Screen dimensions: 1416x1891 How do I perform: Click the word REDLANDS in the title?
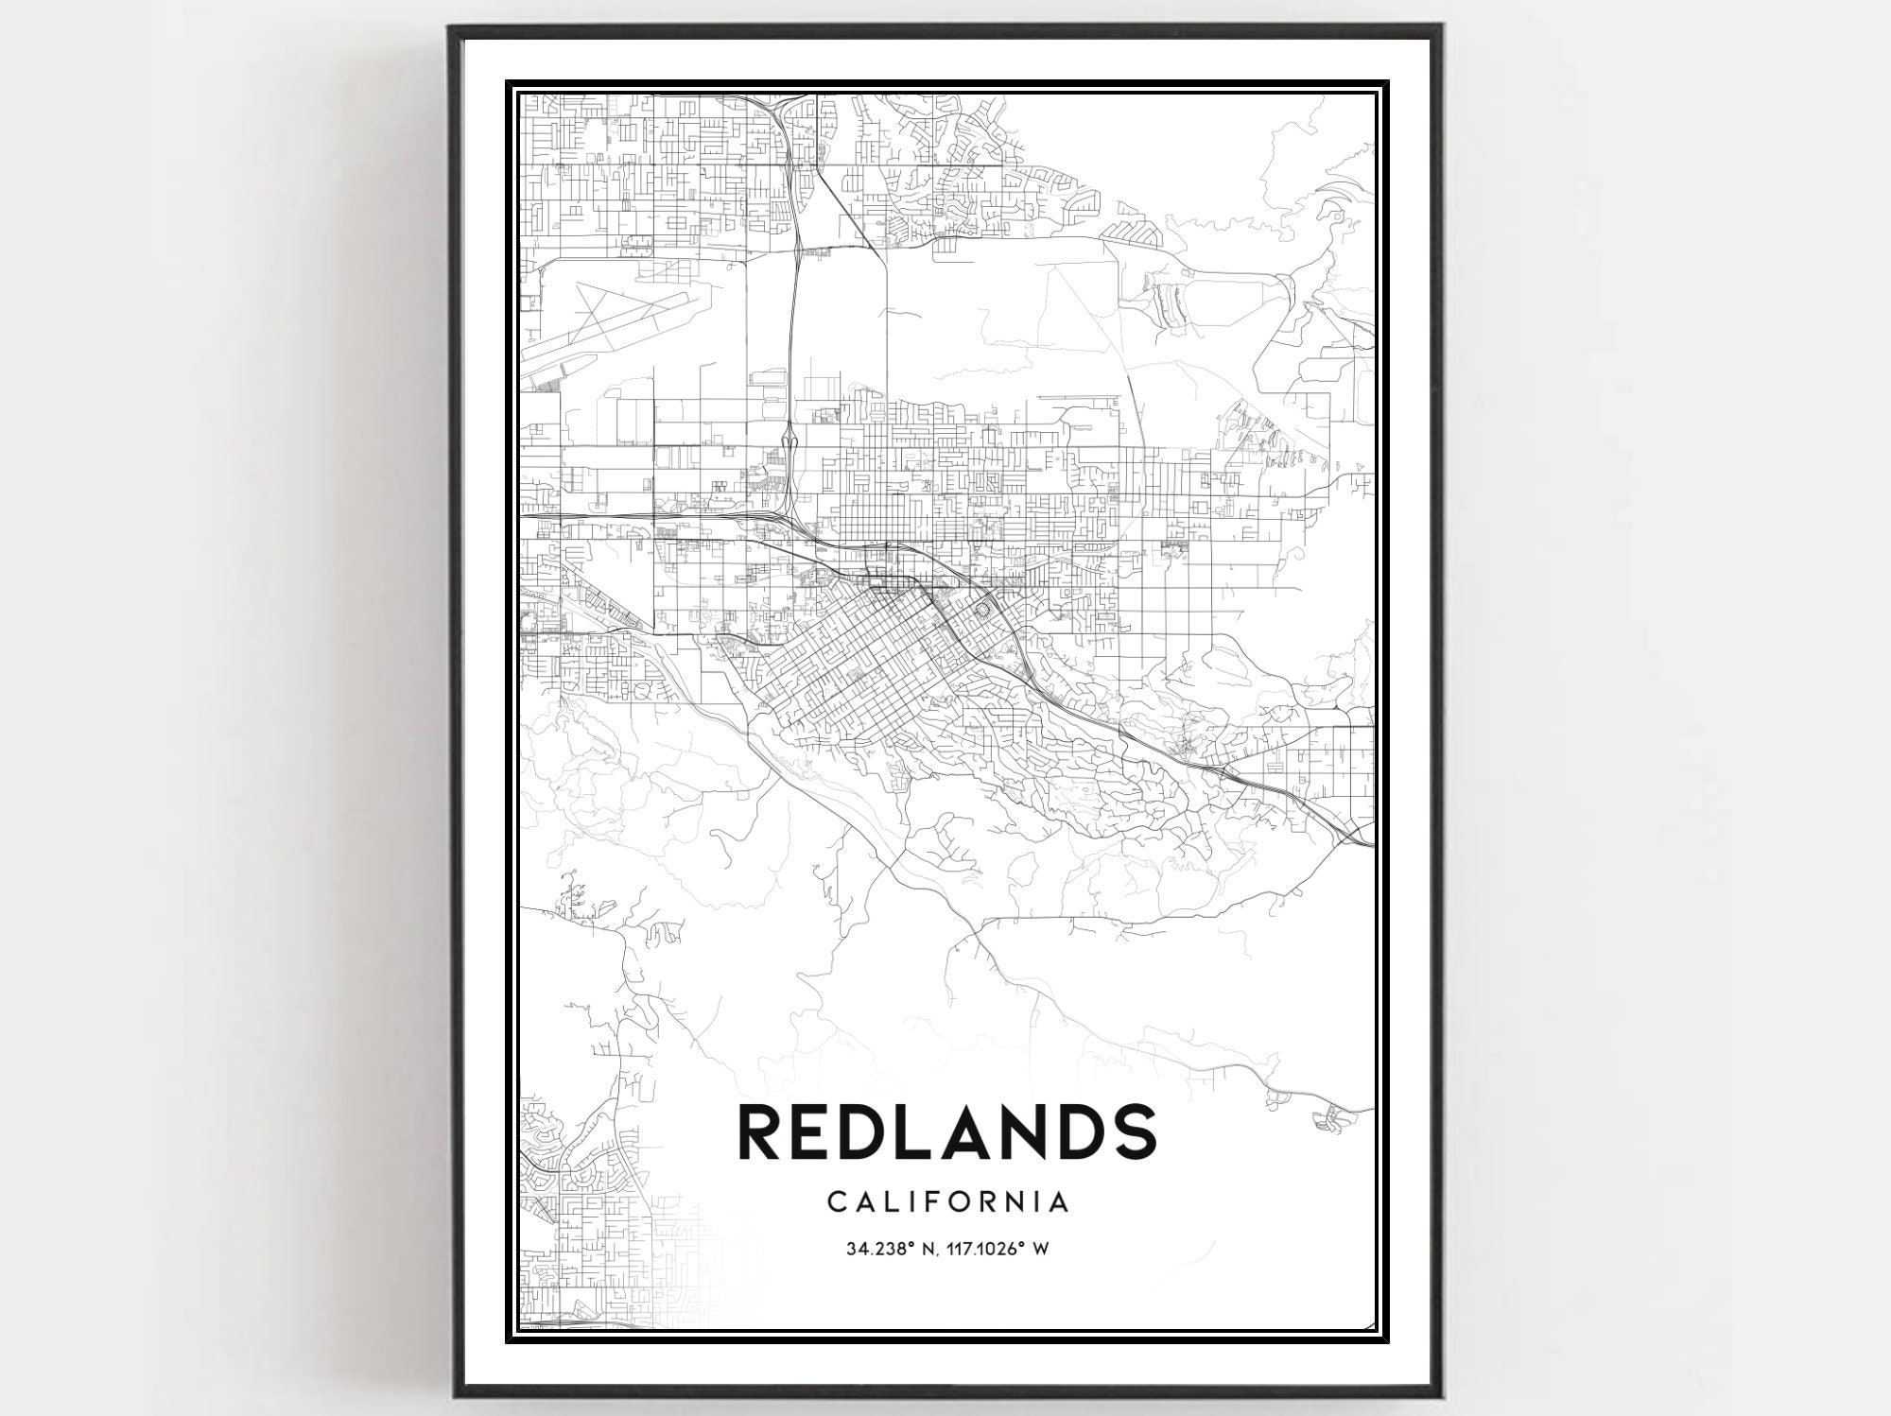click(x=946, y=1131)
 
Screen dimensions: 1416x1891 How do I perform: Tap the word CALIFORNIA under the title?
click(x=948, y=1202)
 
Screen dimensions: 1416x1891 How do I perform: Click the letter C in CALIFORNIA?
click(x=836, y=1202)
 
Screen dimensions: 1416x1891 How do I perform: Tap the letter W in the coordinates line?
click(x=1041, y=1249)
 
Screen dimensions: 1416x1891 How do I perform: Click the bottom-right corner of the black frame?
click(x=1441, y=1393)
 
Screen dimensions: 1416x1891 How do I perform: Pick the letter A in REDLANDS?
click(x=969, y=1131)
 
